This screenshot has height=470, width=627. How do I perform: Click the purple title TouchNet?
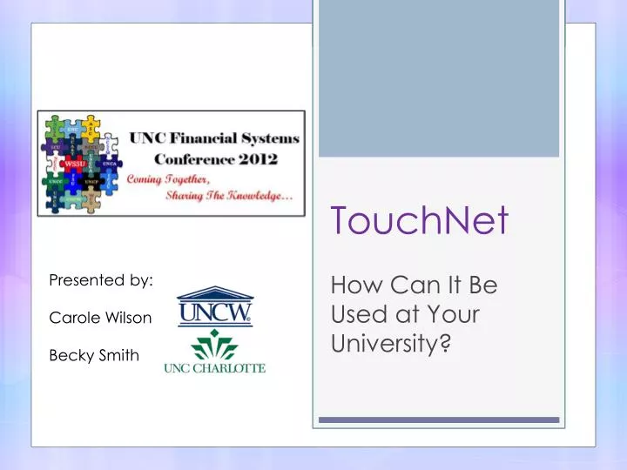pyautogui.click(x=418, y=221)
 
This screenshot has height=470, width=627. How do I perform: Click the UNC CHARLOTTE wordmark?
pyautogui.click(x=214, y=368)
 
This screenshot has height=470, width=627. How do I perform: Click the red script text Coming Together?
pyautogui.click(x=175, y=178)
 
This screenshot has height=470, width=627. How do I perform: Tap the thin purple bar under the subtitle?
pyautogui.click(x=439, y=420)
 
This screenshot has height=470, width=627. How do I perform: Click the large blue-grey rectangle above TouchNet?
pyautogui.click(x=439, y=78)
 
